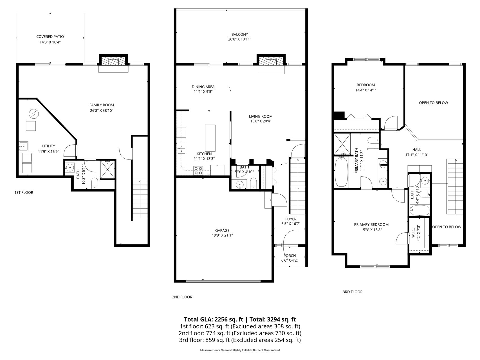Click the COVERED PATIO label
(x=50, y=37)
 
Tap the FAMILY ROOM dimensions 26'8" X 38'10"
(x=102, y=111)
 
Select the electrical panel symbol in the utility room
(x=33, y=114)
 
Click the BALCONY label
(x=240, y=34)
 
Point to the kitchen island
(x=210, y=138)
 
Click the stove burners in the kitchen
(x=198, y=171)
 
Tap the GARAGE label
(x=222, y=230)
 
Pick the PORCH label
(x=290, y=256)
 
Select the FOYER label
(x=291, y=219)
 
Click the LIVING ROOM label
(x=261, y=116)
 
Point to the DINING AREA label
(x=203, y=87)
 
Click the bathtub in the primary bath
(x=342, y=172)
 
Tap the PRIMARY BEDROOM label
(x=371, y=224)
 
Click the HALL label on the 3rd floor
(x=417, y=149)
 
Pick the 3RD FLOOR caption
(x=353, y=292)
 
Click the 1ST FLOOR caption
(x=24, y=192)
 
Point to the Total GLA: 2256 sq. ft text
(x=214, y=319)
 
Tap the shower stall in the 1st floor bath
(x=107, y=169)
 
